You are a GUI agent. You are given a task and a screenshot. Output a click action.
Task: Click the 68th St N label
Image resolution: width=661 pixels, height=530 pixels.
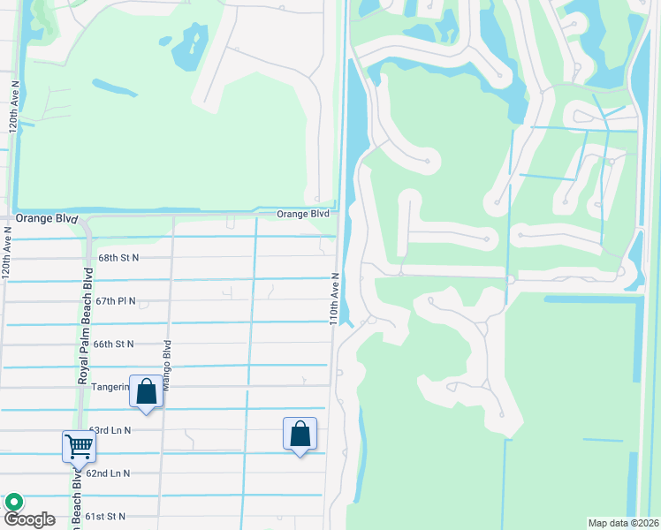[x=118, y=257]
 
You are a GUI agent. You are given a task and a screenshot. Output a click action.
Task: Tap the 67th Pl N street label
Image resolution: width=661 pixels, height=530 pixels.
[x=116, y=300]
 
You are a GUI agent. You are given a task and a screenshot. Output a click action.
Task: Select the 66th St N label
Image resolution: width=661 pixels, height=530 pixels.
[x=113, y=344]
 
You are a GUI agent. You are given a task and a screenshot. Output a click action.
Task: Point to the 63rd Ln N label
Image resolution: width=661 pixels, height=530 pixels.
[x=110, y=430]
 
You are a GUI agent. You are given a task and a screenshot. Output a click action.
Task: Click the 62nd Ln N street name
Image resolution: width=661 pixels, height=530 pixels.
[x=109, y=473]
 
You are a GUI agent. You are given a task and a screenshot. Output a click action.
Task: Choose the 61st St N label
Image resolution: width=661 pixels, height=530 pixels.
[x=106, y=516]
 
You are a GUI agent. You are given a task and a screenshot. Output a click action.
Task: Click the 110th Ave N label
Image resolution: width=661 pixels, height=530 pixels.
[x=336, y=298]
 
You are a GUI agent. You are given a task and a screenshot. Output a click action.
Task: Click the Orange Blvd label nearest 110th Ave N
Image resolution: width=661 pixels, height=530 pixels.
[x=303, y=214]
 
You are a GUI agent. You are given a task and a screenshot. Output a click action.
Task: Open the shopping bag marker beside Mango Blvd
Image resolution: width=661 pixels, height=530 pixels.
[x=146, y=390]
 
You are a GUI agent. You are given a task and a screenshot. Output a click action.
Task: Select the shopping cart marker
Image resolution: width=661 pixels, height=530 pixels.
[x=79, y=446]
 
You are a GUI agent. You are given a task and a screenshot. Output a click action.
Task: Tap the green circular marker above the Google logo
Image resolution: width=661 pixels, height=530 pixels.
[x=14, y=502]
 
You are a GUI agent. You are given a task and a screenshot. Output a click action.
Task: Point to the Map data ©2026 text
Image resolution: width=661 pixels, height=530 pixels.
[x=623, y=523]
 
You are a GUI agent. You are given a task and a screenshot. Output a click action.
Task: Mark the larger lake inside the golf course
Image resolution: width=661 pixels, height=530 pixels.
[x=189, y=46]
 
